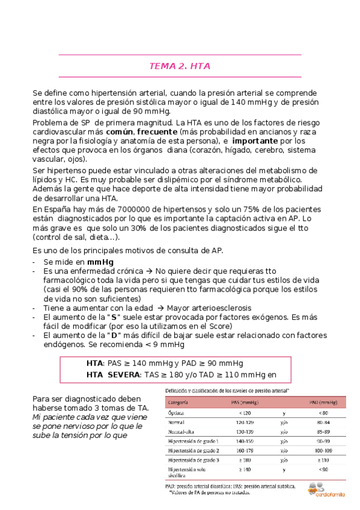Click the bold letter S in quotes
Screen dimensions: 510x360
coord(111,316)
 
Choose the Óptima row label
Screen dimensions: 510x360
coord(178,413)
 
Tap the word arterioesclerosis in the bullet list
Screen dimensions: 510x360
coord(206,307)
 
